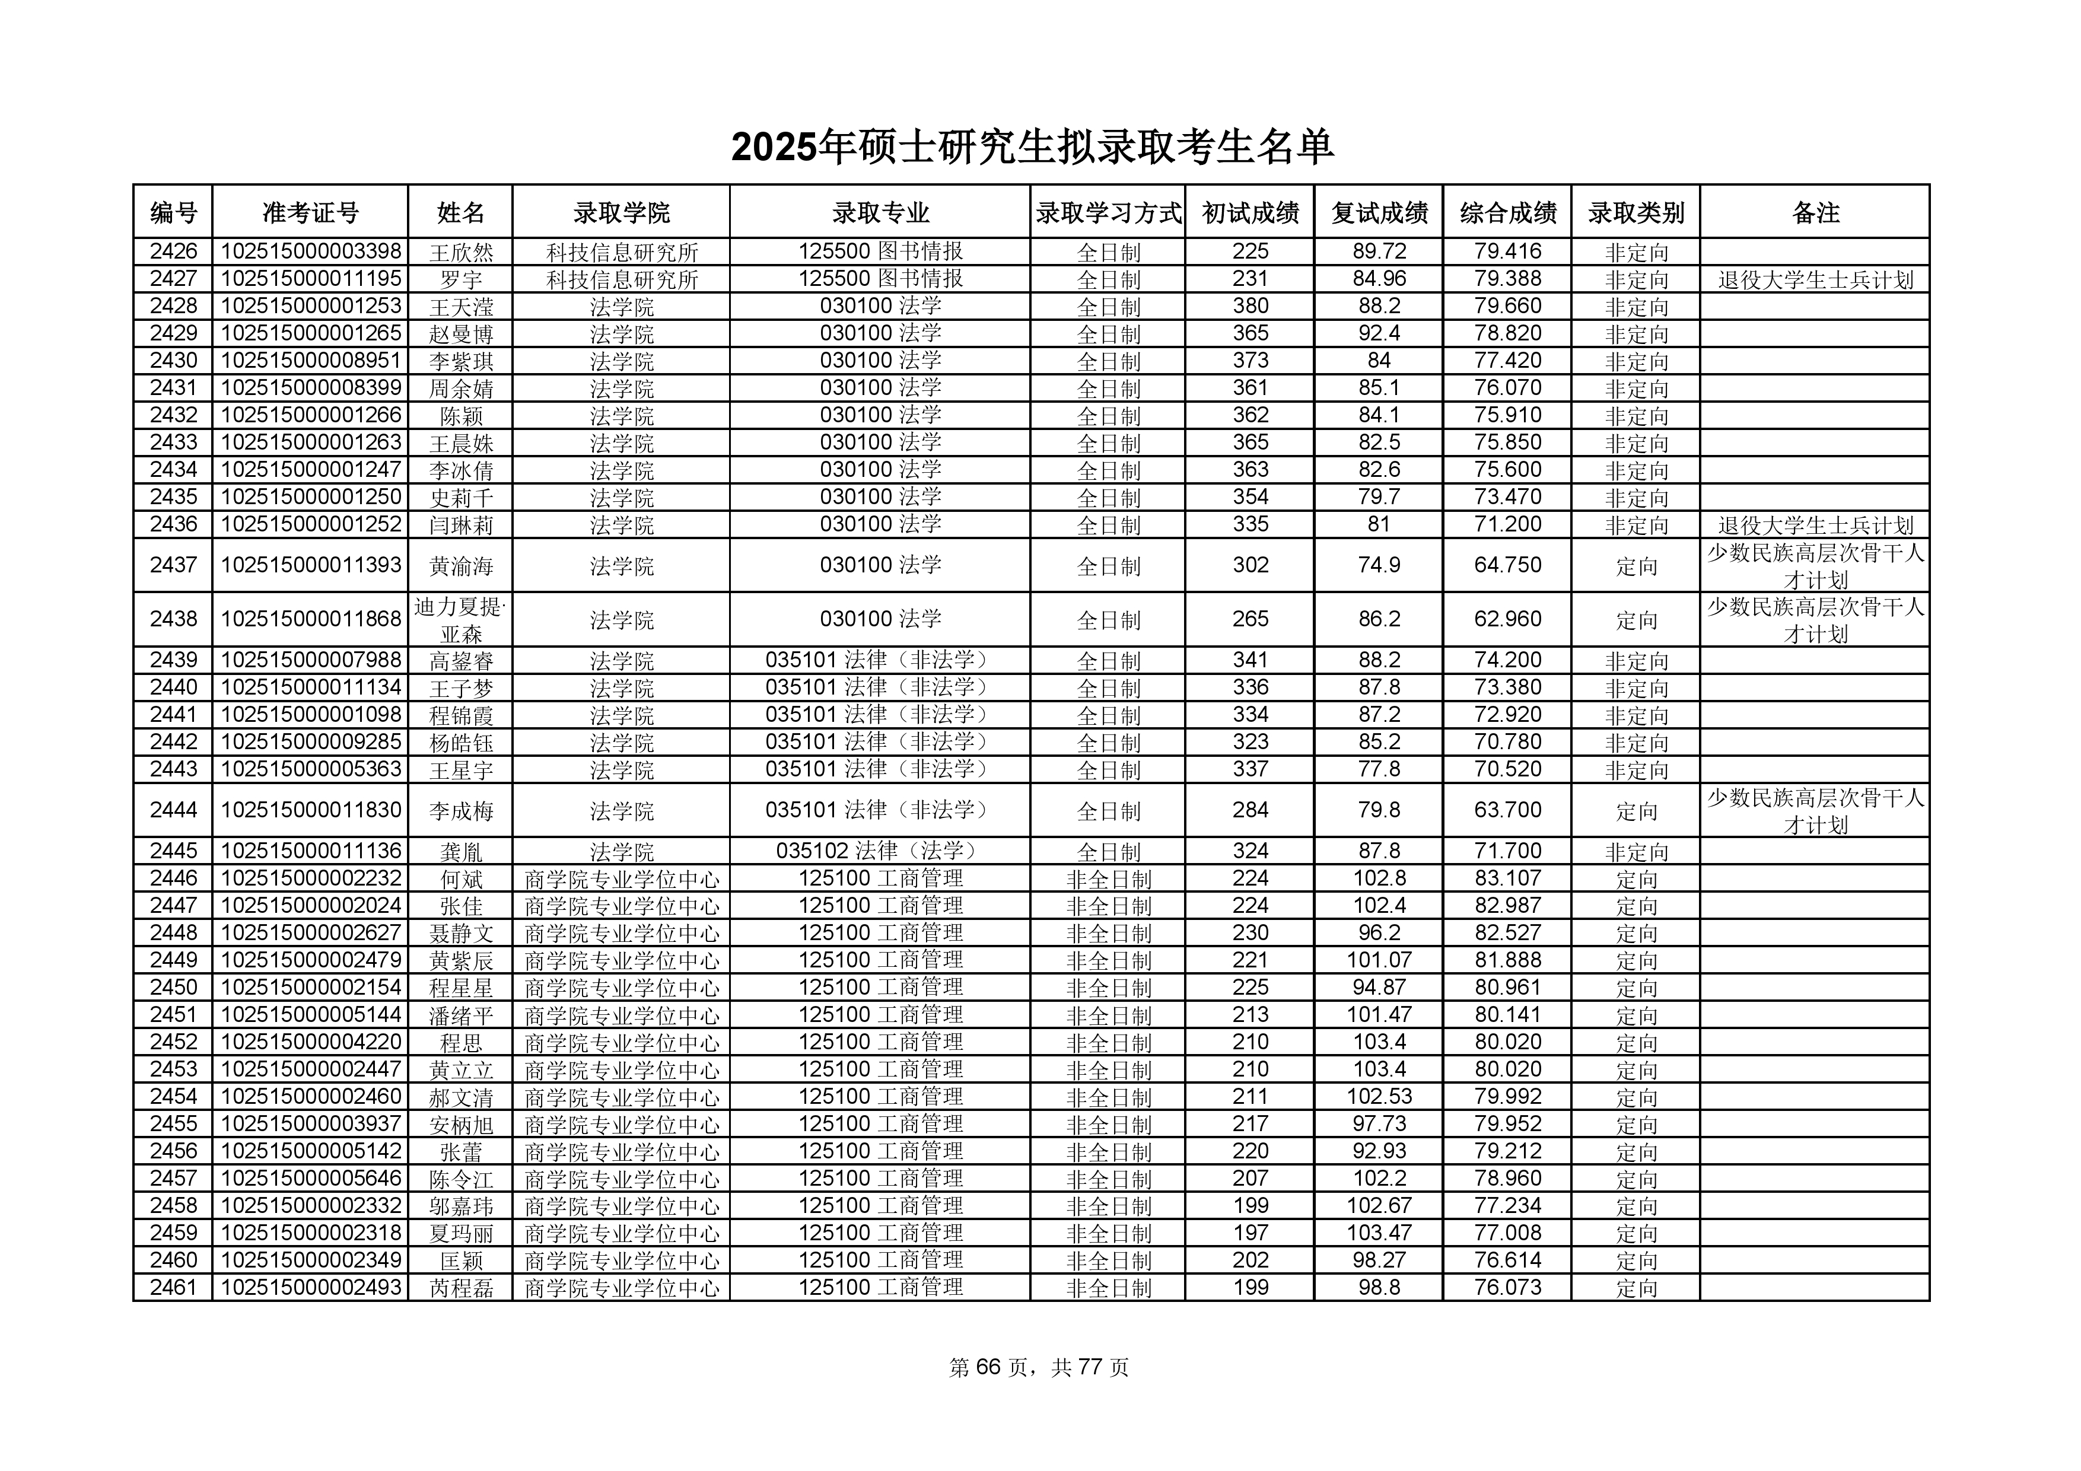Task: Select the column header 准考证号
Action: (310, 213)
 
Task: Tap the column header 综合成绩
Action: (1507, 213)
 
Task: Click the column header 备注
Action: (1815, 213)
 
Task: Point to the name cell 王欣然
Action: (460, 252)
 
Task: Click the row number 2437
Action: (173, 565)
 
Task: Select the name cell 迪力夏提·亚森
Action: (460, 620)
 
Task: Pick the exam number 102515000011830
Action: (310, 810)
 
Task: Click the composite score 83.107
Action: (1507, 878)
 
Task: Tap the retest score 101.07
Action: (1379, 960)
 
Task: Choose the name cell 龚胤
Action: (460, 852)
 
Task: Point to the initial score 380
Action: (1250, 306)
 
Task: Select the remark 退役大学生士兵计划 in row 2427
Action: (1815, 280)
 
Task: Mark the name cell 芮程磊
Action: (460, 1288)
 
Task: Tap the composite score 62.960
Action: (1507, 620)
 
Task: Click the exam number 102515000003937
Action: (310, 1124)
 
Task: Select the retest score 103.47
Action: (1379, 1233)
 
